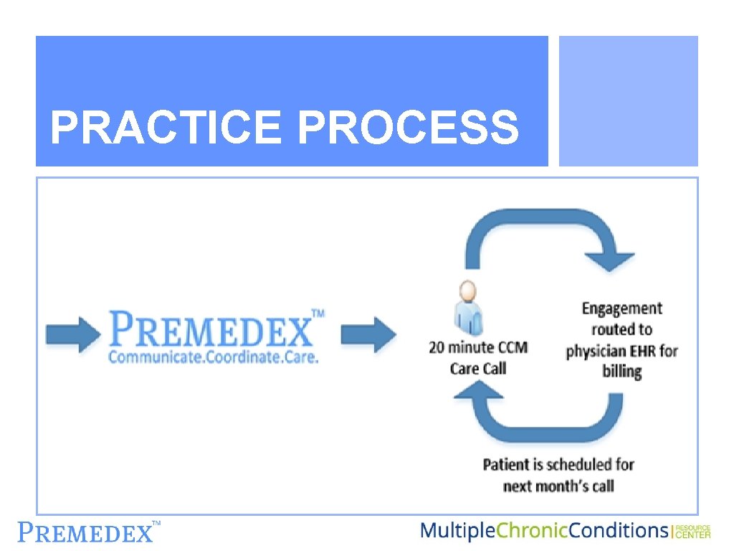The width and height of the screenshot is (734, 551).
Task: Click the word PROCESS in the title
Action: (408, 127)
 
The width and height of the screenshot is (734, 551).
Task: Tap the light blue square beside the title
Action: (628, 101)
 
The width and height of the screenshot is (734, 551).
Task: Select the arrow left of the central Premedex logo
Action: (72, 333)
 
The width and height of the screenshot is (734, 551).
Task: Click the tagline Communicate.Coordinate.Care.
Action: (213, 357)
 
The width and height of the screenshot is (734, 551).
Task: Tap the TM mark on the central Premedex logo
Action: (317, 314)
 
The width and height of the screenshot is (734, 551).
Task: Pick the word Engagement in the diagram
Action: (621, 309)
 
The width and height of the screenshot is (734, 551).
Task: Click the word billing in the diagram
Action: (621, 372)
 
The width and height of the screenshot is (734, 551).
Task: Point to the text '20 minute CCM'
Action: (478, 348)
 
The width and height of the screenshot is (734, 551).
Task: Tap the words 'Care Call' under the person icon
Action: (478, 369)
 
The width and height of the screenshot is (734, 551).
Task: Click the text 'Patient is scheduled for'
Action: (558, 464)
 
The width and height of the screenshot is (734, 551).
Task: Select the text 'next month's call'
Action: (558, 486)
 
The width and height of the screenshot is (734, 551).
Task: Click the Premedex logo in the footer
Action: (86, 532)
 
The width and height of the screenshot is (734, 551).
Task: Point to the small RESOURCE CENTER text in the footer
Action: (693, 531)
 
